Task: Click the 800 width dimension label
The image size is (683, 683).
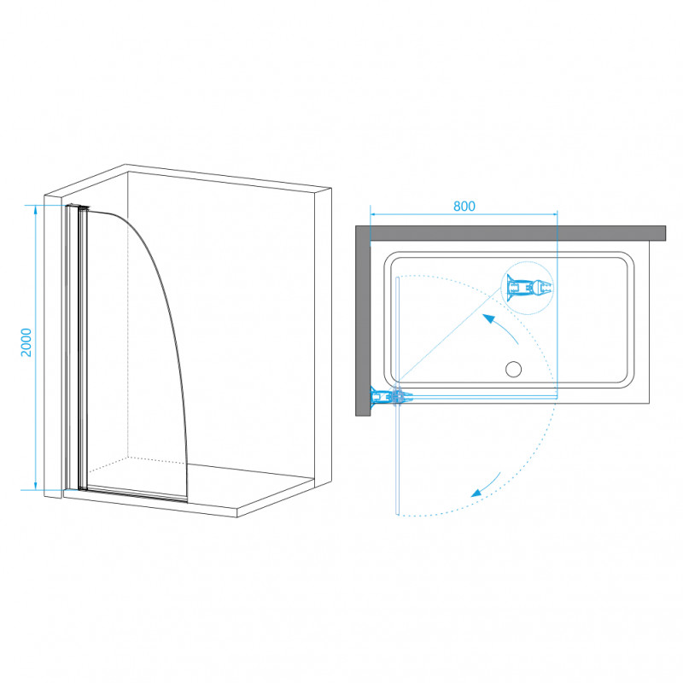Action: pos(464,206)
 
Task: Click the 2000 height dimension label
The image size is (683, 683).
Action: pos(26,342)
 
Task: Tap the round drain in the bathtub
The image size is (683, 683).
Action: pos(514,369)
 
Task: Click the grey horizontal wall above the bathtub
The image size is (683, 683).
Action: pos(518,233)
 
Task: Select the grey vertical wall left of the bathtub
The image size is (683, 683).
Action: pos(363,321)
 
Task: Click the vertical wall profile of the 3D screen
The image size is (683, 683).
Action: pos(72,347)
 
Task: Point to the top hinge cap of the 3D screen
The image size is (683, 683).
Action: pos(78,207)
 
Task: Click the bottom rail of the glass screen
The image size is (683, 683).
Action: pos(137,493)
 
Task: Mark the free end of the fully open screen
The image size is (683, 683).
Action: pos(397,514)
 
